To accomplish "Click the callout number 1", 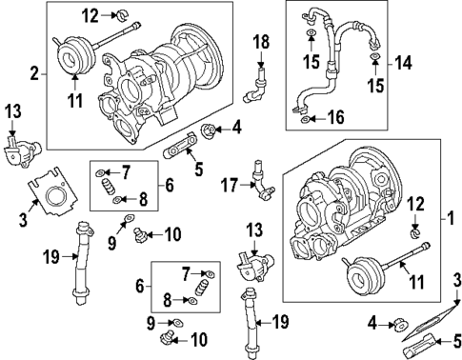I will [x=452, y=218].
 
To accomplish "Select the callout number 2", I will [x=35, y=72].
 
